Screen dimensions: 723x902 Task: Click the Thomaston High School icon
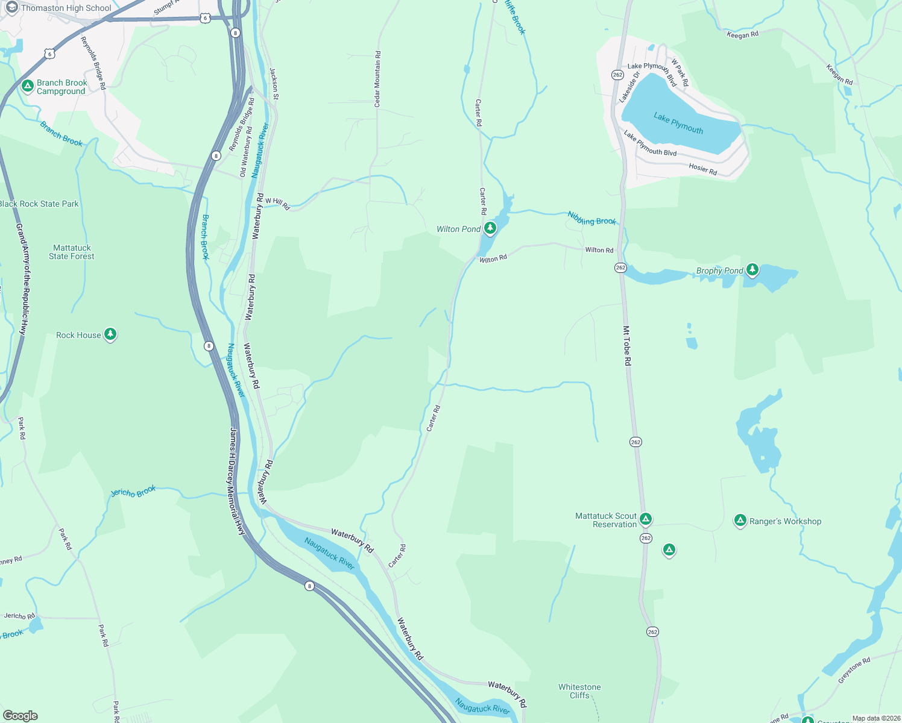point(11,8)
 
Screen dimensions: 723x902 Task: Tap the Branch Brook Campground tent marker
point(27,86)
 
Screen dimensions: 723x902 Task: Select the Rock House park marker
point(110,334)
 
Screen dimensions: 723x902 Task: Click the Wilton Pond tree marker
point(490,228)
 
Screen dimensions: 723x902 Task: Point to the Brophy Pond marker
point(752,269)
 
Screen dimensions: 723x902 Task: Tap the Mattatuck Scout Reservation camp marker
point(646,519)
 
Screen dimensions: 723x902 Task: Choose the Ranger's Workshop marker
point(740,520)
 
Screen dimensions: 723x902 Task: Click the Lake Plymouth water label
point(678,122)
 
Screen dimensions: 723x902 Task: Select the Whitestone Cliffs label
point(579,691)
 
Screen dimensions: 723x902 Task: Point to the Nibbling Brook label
point(591,218)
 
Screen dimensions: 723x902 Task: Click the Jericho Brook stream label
point(133,492)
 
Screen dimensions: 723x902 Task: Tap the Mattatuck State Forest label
point(72,252)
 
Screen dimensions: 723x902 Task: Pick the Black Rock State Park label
point(39,204)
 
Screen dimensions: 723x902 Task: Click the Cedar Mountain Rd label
point(377,80)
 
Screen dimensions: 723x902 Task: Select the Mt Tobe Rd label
point(627,346)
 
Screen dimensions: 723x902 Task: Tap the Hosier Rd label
point(703,169)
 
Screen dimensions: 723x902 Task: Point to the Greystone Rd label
point(854,670)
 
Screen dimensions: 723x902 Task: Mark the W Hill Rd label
point(277,204)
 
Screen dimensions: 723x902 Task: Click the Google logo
point(20,715)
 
